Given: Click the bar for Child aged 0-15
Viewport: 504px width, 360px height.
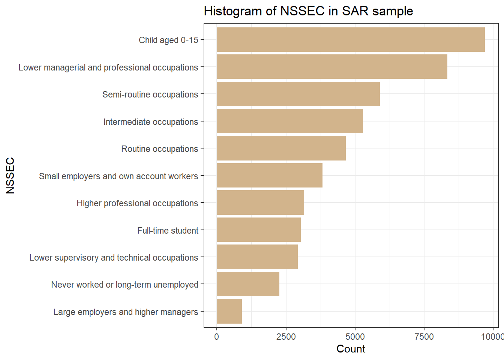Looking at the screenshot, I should click(x=351, y=39).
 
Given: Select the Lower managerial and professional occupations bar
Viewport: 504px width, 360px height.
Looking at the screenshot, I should click(x=332, y=67).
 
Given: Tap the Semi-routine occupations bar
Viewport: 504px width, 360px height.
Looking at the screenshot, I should click(x=298, y=94).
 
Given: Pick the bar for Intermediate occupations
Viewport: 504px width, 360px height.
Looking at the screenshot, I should click(x=290, y=121).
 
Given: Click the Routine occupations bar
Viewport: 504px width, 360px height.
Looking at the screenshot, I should click(x=281, y=148).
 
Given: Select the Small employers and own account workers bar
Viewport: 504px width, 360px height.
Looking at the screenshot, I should click(x=270, y=175).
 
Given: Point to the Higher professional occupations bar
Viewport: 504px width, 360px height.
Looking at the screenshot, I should click(x=260, y=202).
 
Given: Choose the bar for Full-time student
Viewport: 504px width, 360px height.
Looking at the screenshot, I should click(x=259, y=230).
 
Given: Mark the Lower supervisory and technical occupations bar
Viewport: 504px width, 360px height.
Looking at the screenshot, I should click(x=257, y=257).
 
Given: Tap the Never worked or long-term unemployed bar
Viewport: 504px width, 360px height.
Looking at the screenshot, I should click(x=248, y=284).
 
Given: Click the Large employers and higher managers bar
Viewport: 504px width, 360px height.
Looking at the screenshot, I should click(x=229, y=311).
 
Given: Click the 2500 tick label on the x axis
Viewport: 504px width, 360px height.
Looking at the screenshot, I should click(x=286, y=337).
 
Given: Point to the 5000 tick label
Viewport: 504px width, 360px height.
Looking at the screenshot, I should click(x=355, y=337).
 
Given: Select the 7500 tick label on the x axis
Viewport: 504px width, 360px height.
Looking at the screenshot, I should click(x=424, y=337).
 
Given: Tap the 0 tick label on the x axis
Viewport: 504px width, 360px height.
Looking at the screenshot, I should click(x=216, y=337).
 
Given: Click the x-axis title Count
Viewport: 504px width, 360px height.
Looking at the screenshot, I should click(x=351, y=349).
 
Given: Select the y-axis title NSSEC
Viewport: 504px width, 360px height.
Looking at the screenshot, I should click(x=10, y=175).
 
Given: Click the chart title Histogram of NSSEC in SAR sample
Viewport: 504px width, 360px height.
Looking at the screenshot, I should click(x=308, y=11).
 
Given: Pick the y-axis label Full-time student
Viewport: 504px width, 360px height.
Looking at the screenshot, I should click(x=168, y=231).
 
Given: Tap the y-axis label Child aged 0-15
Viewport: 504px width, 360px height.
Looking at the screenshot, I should click(x=168, y=40).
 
